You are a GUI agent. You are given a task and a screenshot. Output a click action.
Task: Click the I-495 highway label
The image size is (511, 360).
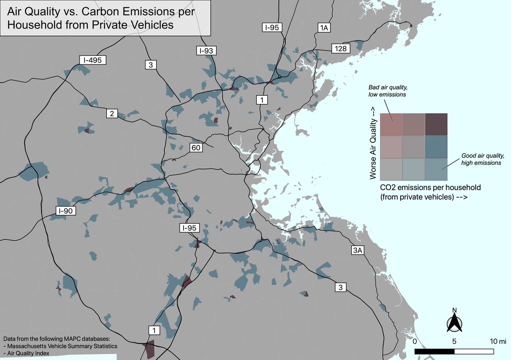(92, 60)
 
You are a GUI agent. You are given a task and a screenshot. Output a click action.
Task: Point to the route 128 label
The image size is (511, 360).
(341, 49)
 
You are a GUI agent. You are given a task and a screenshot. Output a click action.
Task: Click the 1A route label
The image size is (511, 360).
(324, 28)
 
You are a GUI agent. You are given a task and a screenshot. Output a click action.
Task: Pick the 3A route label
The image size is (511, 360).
(357, 251)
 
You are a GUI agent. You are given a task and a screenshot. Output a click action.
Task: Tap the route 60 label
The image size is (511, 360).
(196, 148)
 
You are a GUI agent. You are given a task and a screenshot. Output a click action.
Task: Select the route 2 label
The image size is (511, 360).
(112, 114)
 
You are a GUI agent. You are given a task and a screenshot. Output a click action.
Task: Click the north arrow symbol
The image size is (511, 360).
(454, 320)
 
